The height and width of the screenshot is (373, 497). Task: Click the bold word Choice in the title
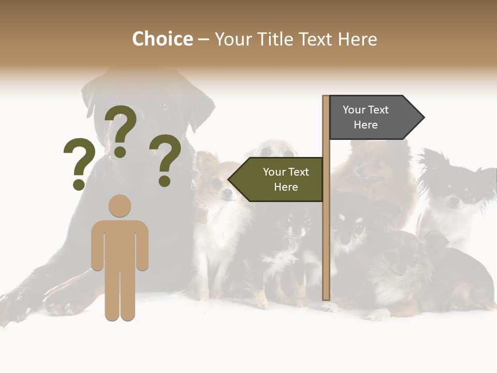162,39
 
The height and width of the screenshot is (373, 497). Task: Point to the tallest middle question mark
121,130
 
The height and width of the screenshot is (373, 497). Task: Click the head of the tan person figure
120,206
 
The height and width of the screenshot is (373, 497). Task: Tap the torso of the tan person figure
120,243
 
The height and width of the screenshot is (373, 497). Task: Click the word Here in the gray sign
366,125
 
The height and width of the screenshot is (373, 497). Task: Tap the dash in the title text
203,39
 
